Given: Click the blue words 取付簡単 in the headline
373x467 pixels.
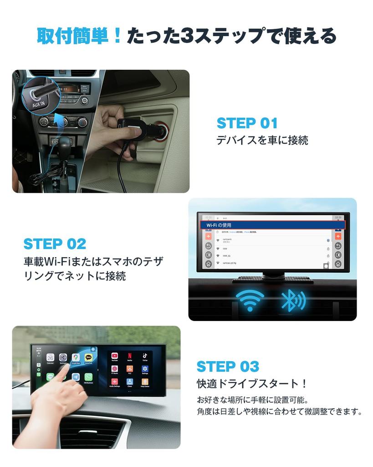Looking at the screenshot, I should (79, 36).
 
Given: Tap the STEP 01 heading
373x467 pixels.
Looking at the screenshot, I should (247, 123).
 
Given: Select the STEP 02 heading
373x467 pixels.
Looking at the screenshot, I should (55, 244).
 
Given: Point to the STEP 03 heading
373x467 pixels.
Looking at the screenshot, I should (228, 366).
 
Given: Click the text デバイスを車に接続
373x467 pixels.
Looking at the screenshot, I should (262, 140).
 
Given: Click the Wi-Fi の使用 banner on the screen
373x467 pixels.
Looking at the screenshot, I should (273, 225).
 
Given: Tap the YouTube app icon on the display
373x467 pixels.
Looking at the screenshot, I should (115, 356).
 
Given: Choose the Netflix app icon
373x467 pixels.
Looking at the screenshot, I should (130, 356).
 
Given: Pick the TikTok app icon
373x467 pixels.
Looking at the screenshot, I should (144, 356).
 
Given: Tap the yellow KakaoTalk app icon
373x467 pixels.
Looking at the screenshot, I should (88, 358).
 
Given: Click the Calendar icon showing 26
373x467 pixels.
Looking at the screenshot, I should (50, 358).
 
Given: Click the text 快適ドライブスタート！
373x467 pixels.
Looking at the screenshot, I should (252, 384).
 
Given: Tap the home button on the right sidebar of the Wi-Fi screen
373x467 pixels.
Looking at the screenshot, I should (338, 264).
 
